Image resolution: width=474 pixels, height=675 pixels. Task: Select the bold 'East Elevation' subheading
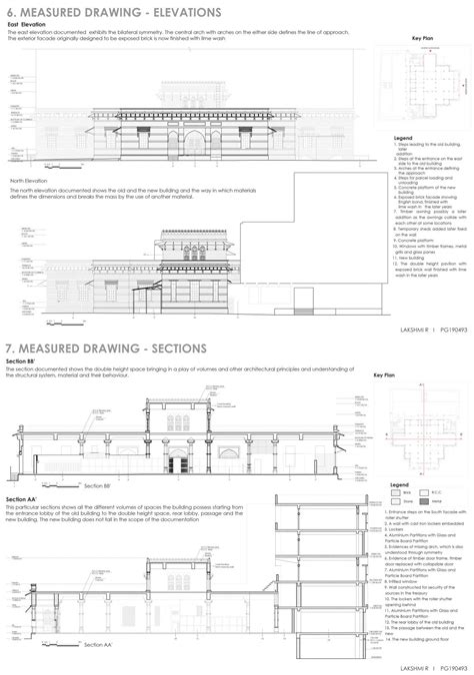[x=27, y=22]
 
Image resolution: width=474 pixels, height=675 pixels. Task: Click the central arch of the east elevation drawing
[x=196, y=143]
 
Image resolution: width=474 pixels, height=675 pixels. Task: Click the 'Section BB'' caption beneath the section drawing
[x=96, y=484]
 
